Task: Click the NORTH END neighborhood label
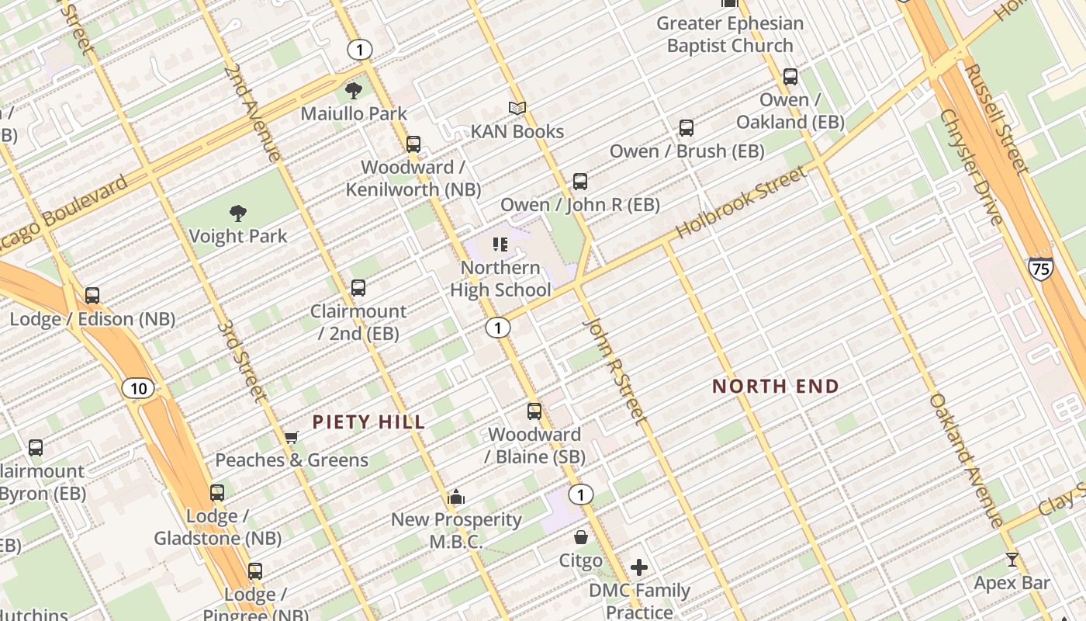(776, 386)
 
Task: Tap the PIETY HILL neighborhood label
(368, 422)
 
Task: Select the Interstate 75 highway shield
(1041, 269)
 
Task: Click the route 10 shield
(137, 388)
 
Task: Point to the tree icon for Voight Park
(238, 213)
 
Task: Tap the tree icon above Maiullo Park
(354, 91)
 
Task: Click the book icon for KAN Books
(517, 109)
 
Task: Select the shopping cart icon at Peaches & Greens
(291, 438)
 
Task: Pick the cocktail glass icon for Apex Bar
(1012, 560)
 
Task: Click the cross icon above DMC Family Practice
(638, 567)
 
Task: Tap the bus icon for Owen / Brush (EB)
(687, 128)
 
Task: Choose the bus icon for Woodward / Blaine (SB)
(534, 411)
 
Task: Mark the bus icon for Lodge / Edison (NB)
(92, 296)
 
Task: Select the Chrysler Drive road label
(972, 166)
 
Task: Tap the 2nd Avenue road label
(253, 113)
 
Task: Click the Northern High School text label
(500, 279)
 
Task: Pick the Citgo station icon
(580, 537)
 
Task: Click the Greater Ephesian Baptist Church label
(730, 34)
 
